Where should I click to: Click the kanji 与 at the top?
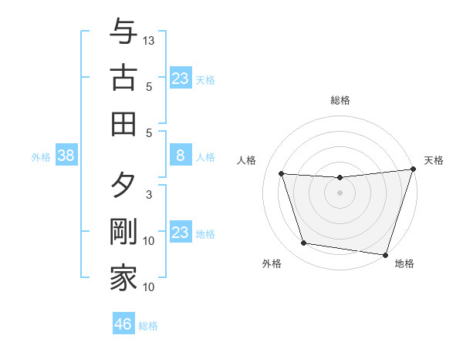[123, 32]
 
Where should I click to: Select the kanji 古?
[123, 78]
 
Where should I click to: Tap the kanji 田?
[123, 123]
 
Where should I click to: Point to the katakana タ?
[123, 186]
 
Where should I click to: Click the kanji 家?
[123, 278]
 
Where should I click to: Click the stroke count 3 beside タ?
[149, 194]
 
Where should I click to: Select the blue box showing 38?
[66, 156]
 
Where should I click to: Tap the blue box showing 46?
[123, 324]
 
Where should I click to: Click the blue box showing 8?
[180, 156]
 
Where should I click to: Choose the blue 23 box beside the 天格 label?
[180, 79]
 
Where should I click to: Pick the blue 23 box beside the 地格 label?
[180, 233]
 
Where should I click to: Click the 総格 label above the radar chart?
[340, 100]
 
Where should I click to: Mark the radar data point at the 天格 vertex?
[412, 169]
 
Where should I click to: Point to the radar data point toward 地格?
[385, 253]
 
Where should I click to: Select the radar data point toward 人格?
[282, 174]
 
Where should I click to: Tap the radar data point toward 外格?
[304, 243]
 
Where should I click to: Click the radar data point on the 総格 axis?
[340, 178]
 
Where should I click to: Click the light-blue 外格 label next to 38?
[41, 157]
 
